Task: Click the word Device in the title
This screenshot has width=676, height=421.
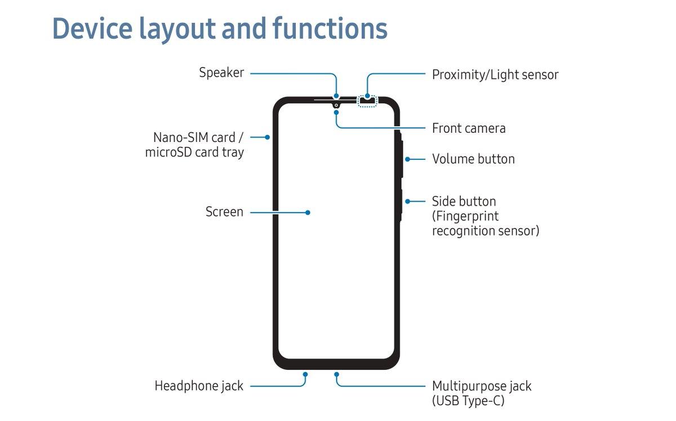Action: pyautogui.click(x=92, y=28)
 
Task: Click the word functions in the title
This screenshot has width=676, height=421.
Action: pyautogui.click(x=330, y=28)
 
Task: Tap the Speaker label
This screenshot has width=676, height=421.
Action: pyautogui.click(x=221, y=73)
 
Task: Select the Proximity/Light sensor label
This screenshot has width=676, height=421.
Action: pyautogui.click(x=495, y=75)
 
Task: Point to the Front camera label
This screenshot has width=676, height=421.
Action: pyautogui.click(x=469, y=128)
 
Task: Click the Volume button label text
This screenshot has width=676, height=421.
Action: pyautogui.click(x=473, y=159)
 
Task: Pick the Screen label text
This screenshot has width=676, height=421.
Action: pyautogui.click(x=224, y=212)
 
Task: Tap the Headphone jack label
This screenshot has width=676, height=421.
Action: pyautogui.click(x=199, y=386)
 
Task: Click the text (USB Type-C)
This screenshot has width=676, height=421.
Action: pyautogui.click(x=468, y=401)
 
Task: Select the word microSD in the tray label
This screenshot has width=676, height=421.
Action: pyautogui.click(x=168, y=152)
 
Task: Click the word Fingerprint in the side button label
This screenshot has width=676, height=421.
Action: pyautogui.click(x=465, y=216)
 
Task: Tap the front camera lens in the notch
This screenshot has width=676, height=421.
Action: pyautogui.click(x=336, y=105)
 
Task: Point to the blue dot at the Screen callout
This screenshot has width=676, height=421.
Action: pyautogui.click(x=308, y=213)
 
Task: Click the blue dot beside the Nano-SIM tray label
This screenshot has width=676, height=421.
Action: pyautogui.click(x=268, y=137)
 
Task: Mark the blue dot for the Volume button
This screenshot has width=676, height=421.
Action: pyautogui.click(x=407, y=159)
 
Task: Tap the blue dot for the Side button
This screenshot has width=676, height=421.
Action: pyautogui.click(x=407, y=201)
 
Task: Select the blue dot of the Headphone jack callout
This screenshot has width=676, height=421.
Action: pyautogui.click(x=305, y=374)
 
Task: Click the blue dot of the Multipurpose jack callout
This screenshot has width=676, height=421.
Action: pyautogui.click(x=336, y=374)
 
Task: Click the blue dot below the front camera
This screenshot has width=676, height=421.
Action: pyautogui.click(x=336, y=113)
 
